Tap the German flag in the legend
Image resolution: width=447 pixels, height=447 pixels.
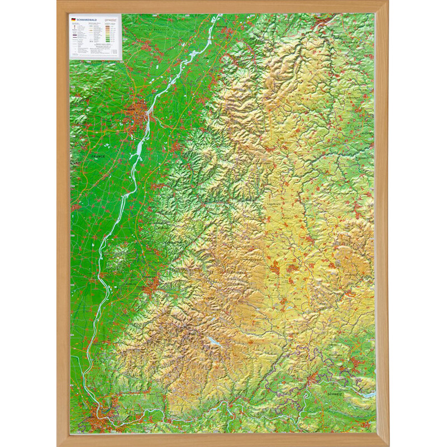coord(73,19)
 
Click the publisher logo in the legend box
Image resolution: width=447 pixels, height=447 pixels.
coord(112,19)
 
